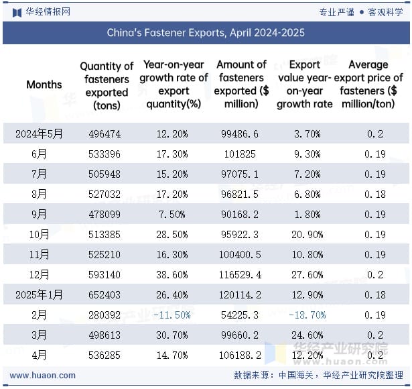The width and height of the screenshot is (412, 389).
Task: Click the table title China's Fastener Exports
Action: [x=206, y=32]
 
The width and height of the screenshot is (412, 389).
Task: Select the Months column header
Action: [x=44, y=85]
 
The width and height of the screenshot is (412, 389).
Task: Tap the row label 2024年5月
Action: [x=40, y=134]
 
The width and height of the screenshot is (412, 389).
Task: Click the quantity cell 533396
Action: [x=105, y=154]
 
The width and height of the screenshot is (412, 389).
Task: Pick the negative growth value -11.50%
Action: [x=174, y=315]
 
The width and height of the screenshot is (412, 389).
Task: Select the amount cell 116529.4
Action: [x=241, y=275]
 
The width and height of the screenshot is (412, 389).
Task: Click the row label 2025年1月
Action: [x=40, y=295]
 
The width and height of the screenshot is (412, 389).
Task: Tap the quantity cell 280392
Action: [x=105, y=315]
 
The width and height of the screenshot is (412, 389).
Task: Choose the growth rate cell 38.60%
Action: [x=174, y=275]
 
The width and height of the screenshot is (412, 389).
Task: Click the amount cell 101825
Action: [x=241, y=154]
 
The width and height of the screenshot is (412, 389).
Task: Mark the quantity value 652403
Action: [x=105, y=295]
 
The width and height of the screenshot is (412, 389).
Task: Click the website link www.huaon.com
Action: [x=43, y=376]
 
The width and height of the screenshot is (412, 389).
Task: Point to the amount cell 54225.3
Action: [x=241, y=315]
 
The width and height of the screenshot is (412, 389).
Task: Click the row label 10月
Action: [x=40, y=235]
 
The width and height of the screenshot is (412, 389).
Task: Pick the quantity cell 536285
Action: [x=105, y=355]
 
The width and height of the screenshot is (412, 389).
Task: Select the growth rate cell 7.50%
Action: [x=174, y=215]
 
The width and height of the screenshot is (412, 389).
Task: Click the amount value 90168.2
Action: [x=241, y=215]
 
